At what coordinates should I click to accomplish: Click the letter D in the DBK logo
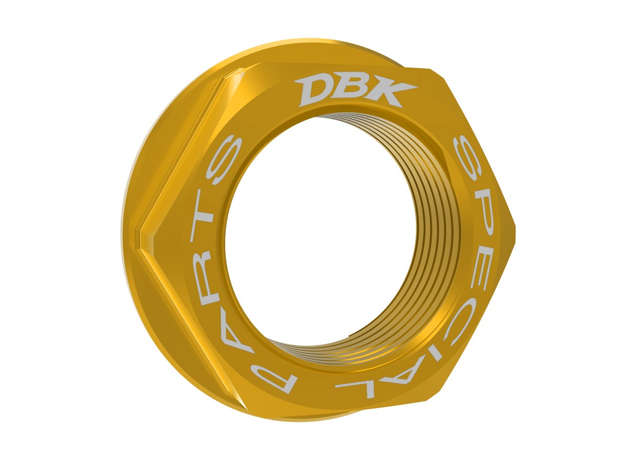point(315,90)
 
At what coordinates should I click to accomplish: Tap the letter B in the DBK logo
point(349,91)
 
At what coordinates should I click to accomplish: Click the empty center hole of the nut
point(325,236)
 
